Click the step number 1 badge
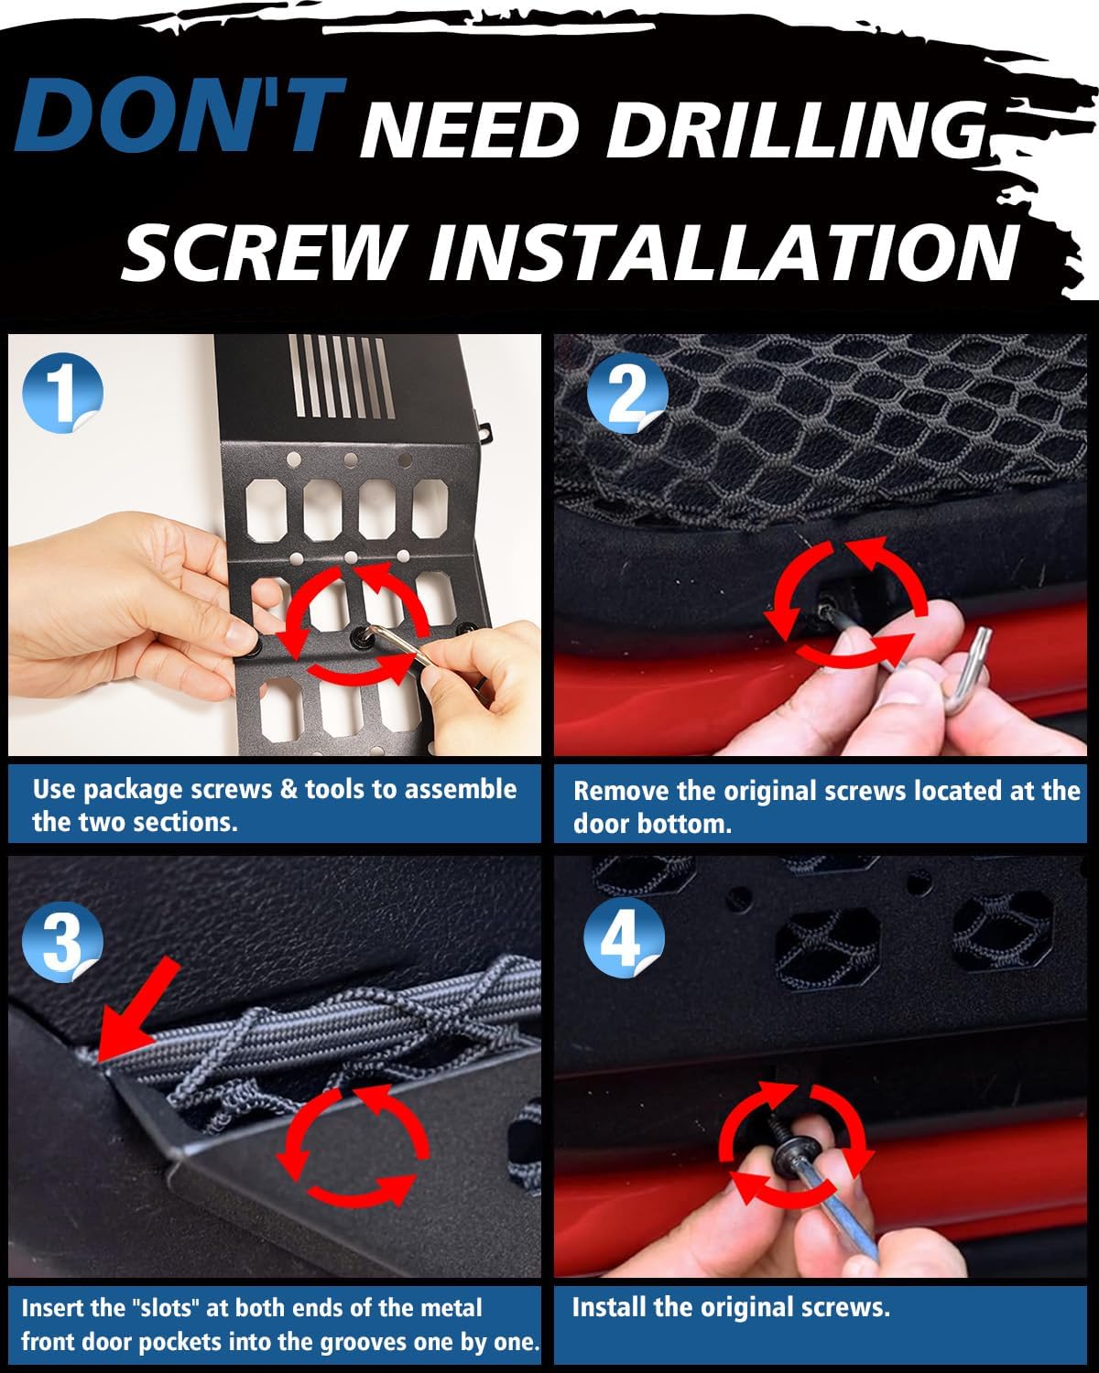coord(62,393)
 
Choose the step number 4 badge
coord(625,940)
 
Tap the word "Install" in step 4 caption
coord(608,1307)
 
